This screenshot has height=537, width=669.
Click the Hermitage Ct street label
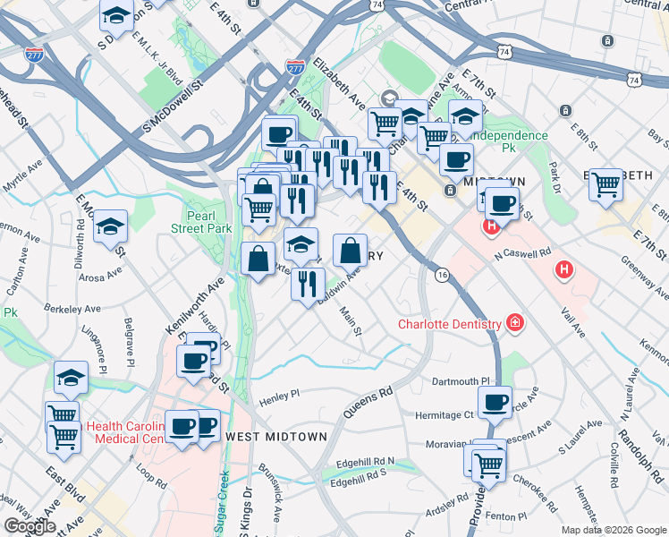[444, 415]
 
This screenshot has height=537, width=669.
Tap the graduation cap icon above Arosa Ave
[111, 226]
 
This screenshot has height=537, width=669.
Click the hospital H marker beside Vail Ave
[563, 268]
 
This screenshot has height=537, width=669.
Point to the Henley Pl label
[279, 395]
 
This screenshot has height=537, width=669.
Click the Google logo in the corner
[30, 526]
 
